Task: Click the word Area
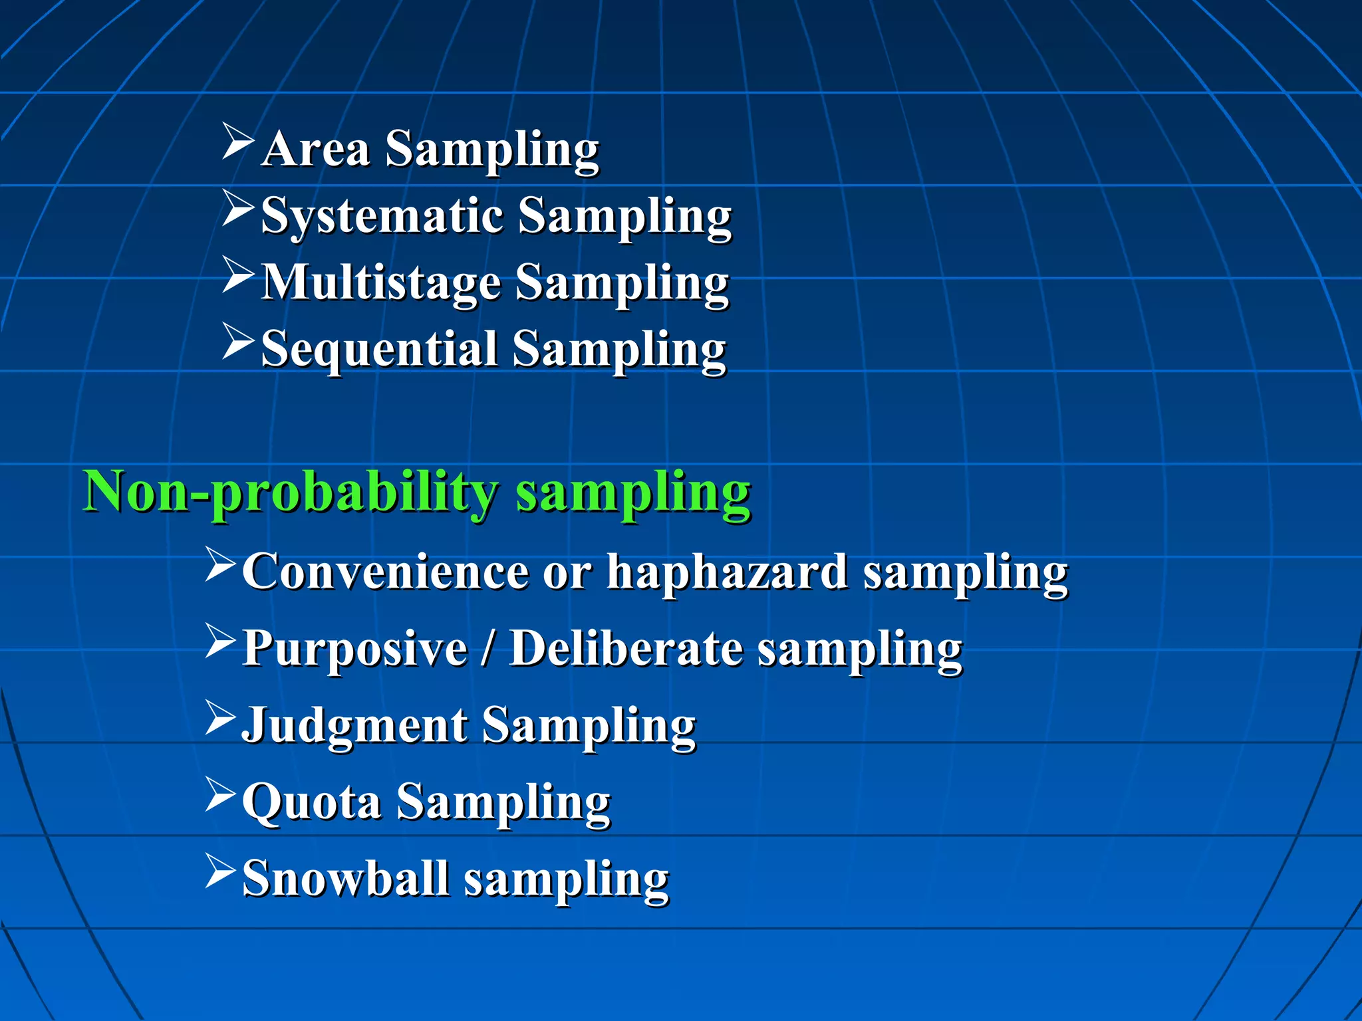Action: tap(315, 149)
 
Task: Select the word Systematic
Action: tap(382, 217)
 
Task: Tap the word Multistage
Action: tap(380, 283)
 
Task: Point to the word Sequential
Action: tap(379, 350)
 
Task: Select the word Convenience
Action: tap(385, 572)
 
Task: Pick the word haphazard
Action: tap(728, 572)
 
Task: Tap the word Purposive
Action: tap(354, 648)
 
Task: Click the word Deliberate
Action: tap(626, 648)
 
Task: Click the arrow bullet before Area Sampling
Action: tap(238, 141)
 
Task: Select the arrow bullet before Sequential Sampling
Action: tap(238, 342)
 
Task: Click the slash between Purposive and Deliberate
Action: tap(489, 648)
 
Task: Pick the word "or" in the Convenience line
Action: tap(566, 573)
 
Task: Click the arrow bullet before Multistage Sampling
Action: tap(238, 275)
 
